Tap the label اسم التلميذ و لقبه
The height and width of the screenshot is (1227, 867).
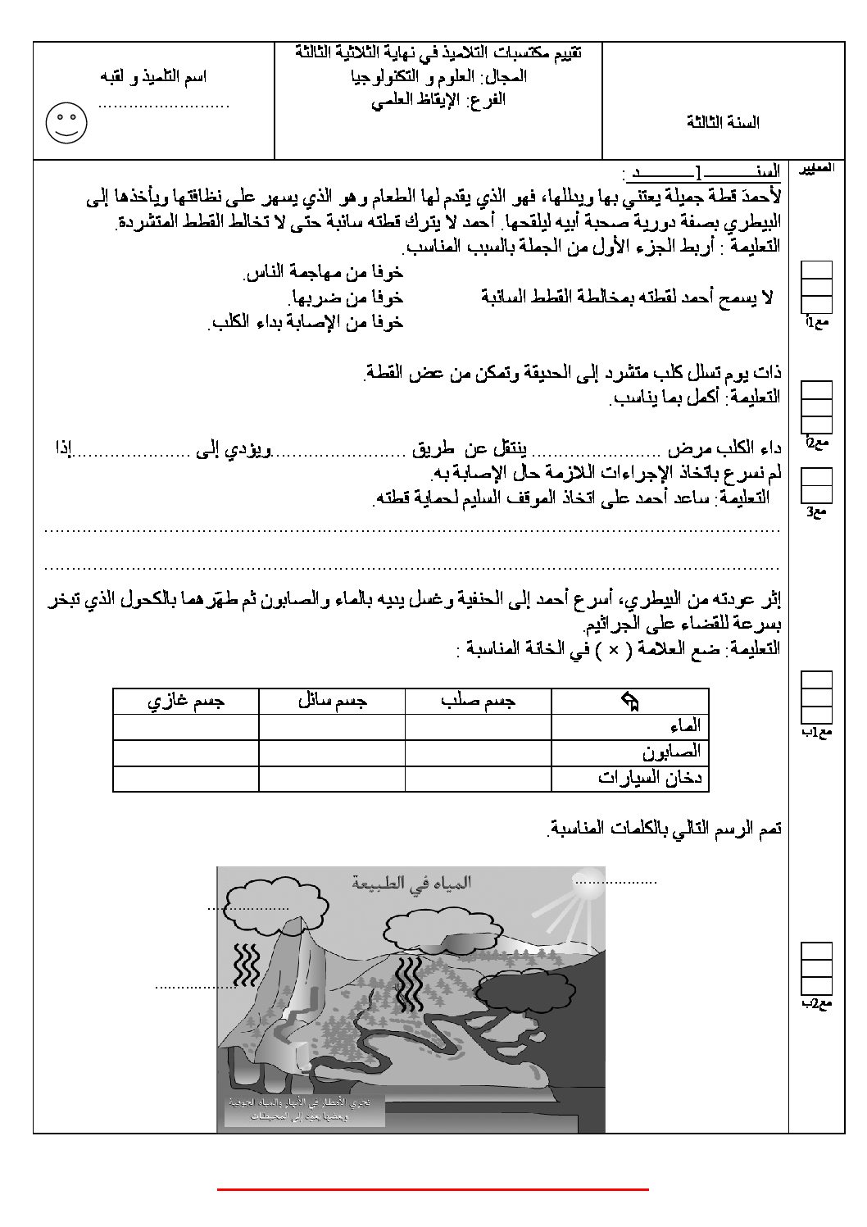[153, 76]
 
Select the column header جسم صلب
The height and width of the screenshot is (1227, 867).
[479, 702]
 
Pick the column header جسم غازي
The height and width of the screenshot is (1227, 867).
[186, 702]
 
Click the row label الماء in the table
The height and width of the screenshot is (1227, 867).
[684, 726]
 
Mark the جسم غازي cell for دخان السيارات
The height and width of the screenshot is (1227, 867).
[186, 778]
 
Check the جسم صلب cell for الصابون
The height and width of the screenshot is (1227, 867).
[479, 752]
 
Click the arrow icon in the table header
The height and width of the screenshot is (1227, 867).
[630, 702]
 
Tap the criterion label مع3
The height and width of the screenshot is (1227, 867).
[817, 512]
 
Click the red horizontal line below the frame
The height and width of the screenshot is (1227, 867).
[433, 1188]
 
